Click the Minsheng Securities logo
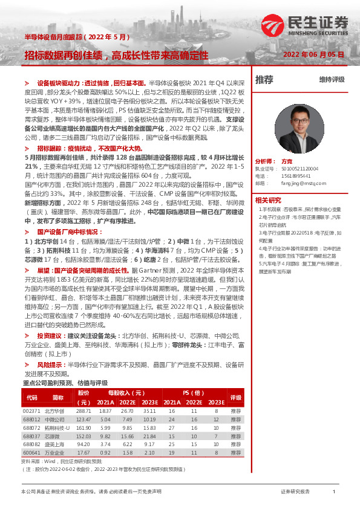pyautogui.click(x=304, y=26)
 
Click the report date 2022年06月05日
pyautogui.click(x=313, y=54)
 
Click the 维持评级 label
pyautogui.click(x=332, y=80)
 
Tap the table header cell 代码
pyautogui.click(x=32, y=398)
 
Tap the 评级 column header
pyautogui.click(x=236, y=398)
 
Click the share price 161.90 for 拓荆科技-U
pyautogui.click(x=83, y=427)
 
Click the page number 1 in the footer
pyautogui.click(x=333, y=491)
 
